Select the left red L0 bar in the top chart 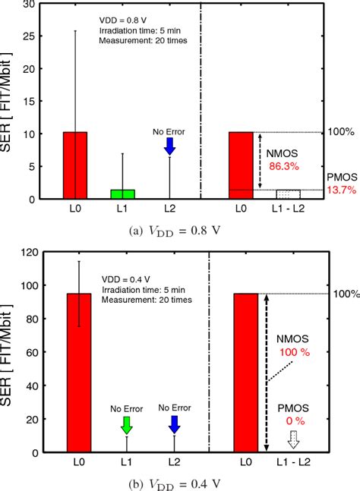coord(75,165)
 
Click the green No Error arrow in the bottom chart coord(125,423)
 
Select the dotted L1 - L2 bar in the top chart coord(292,194)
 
